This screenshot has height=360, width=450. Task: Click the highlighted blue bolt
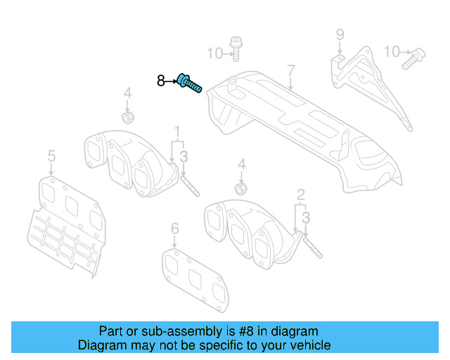[189, 84]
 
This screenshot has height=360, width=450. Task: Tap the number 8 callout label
[161, 82]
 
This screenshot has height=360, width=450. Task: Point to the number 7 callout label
[290, 70]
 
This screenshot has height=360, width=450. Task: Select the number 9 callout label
[340, 34]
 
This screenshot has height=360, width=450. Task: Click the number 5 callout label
[51, 155]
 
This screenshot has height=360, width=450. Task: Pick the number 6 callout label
[175, 229]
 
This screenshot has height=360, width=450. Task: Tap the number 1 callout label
[177, 131]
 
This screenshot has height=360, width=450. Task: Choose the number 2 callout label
[300, 194]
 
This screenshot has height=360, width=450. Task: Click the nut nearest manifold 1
[128, 115]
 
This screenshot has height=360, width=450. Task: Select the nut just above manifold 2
[241, 188]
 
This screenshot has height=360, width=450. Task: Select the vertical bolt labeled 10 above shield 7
[236, 48]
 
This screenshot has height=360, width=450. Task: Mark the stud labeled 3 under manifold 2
[311, 245]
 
